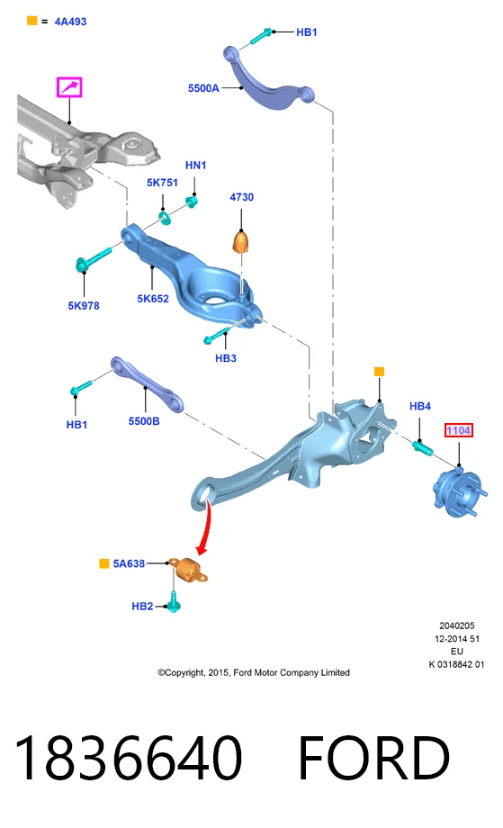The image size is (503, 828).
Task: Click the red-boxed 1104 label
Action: pos(458,430)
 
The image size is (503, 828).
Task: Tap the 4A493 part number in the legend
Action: pos(70,22)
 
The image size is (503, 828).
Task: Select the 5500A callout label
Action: pos(203,88)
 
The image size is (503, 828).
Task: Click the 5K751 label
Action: pos(162,183)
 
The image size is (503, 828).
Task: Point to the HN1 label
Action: pos(195,166)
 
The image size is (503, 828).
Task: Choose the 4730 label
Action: pos(242,197)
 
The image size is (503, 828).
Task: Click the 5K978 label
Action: pos(84,306)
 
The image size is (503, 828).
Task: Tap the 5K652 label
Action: pos(153,299)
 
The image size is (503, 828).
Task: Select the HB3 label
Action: pos(225,358)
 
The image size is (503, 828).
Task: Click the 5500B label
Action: pos(144,421)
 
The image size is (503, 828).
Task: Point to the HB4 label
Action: pos(420,406)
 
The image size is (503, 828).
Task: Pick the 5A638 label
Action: pos(129,564)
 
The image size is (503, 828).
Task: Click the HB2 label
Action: pos(142,607)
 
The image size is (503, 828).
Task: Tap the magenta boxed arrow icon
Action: pos(69,87)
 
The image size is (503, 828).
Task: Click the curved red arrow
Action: pos(203,528)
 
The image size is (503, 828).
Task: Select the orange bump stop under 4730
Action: pos(241,242)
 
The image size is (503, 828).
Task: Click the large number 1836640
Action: pos(129,757)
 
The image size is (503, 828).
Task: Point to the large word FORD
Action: pos(373,757)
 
